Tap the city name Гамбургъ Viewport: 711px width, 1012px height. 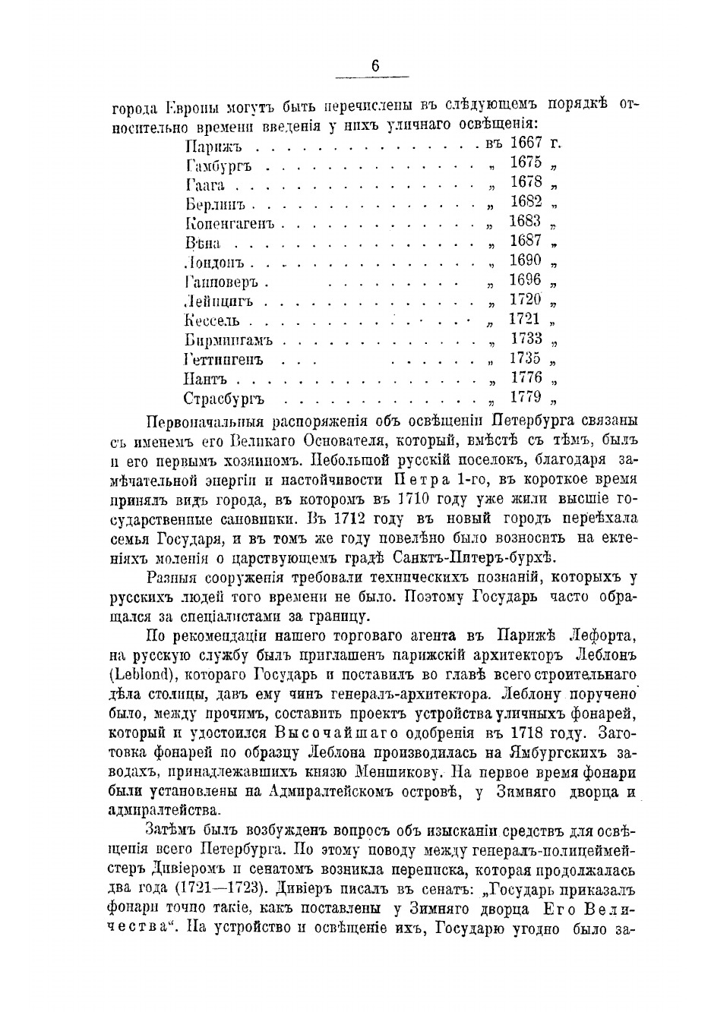coord(218,165)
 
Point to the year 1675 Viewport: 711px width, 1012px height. coord(526,162)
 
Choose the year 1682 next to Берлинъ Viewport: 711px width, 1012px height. coord(526,201)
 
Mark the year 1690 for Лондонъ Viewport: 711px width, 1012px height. coord(526,260)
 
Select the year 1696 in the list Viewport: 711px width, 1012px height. coord(526,280)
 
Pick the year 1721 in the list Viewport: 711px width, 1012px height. coord(524,319)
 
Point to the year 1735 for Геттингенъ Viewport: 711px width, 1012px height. coord(526,358)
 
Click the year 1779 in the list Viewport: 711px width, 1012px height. coord(526,397)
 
